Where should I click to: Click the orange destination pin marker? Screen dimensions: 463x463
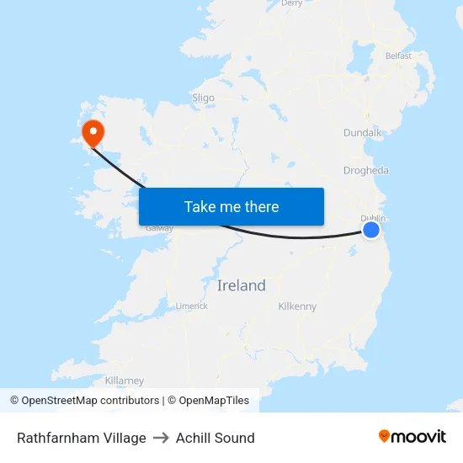point(92,132)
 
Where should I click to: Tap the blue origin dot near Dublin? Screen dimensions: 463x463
point(370,230)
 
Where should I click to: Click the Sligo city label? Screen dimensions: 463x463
point(203,98)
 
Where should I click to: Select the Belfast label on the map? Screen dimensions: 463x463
point(398,56)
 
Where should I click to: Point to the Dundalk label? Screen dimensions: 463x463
point(363,133)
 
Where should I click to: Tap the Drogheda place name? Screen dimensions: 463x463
point(366,171)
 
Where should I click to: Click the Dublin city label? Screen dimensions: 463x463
point(373,217)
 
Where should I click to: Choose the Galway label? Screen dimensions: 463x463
point(159,228)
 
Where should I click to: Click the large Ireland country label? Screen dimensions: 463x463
point(241,285)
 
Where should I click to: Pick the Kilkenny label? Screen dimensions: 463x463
point(297,306)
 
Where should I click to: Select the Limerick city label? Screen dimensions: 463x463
point(192,306)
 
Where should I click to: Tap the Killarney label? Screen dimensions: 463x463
point(125,381)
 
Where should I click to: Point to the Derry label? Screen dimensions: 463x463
point(292,3)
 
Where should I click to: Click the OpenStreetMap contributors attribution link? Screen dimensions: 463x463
point(90,401)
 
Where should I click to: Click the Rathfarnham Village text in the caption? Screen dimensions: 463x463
point(82,438)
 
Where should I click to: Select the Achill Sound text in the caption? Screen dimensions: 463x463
point(216,438)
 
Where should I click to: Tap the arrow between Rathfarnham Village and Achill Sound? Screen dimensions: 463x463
point(161,438)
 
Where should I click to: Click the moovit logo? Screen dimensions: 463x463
point(412,436)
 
